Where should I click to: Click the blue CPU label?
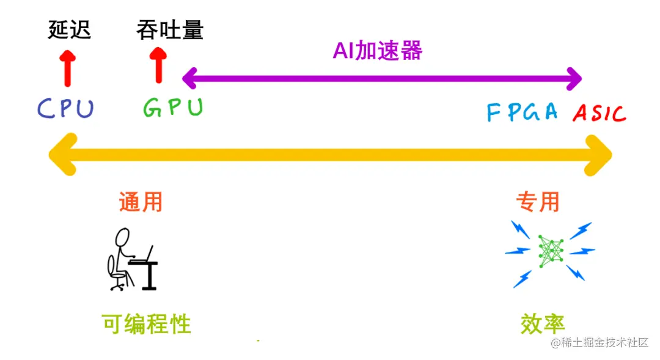[x=65, y=108]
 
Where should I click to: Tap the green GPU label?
[x=173, y=108]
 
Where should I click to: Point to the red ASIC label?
[x=599, y=113]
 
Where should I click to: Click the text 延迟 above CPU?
[x=69, y=30]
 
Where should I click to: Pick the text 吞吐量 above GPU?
[x=170, y=30]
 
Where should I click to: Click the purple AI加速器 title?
[x=378, y=51]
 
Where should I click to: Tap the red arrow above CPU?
[x=67, y=67]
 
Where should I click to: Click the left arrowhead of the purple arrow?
[x=190, y=78]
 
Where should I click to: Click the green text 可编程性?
[x=147, y=323]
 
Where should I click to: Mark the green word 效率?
[x=543, y=323]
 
